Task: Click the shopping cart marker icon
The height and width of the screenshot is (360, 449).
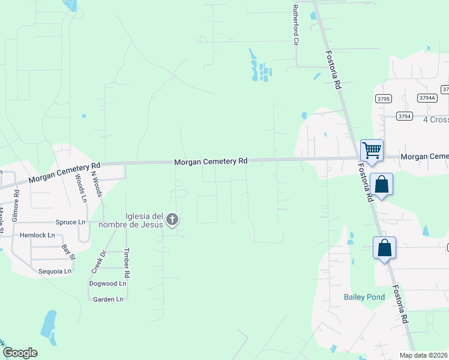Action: [372, 150]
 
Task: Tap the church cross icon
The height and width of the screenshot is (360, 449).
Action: [172, 220]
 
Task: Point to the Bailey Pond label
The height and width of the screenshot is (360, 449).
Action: [364, 297]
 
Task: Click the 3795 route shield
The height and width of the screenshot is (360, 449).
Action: [384, 98]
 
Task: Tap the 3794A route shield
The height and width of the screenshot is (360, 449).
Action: [427, 98]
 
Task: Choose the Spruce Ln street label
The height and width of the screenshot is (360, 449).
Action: [70, 222]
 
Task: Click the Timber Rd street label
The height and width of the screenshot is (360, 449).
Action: [126, 262]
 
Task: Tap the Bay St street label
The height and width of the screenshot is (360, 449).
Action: [68, 252]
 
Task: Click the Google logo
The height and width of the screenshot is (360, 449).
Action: [20, 353]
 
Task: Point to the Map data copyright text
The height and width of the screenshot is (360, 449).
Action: [423, 355]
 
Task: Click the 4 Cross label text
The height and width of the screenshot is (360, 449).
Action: [435, 119]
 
